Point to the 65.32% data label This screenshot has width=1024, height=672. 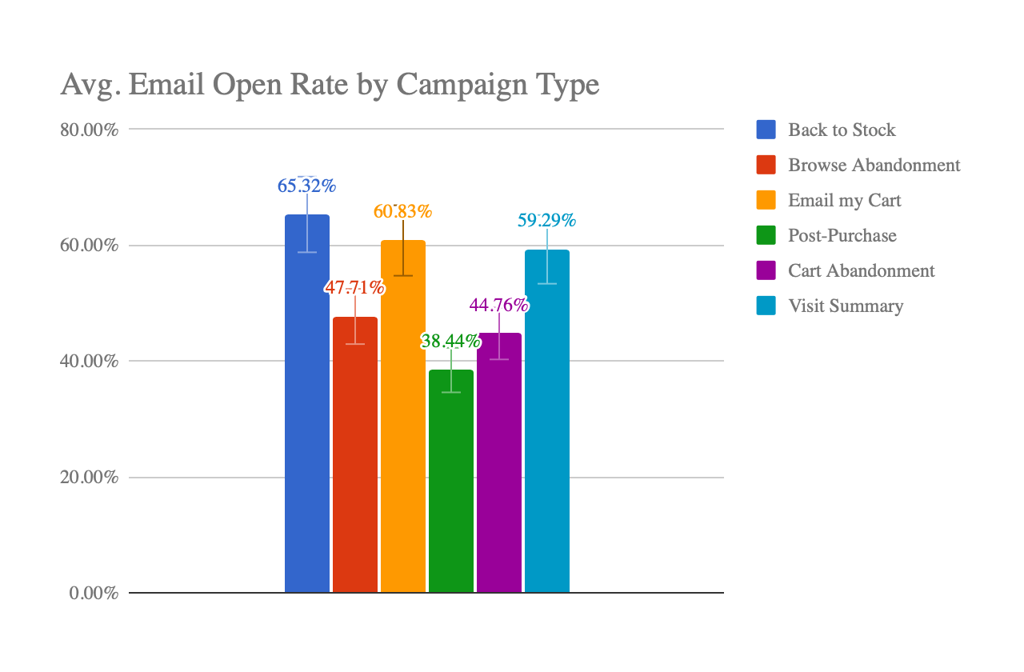pos(306,186)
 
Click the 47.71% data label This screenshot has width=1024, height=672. pos(354,288)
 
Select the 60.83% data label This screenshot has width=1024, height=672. pos(402,212)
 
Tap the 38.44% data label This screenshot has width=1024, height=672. pos(450,342)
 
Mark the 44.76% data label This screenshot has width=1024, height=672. pos(498,305)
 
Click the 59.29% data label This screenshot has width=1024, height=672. pos(546,220)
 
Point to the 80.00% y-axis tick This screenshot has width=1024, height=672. pos(90,130)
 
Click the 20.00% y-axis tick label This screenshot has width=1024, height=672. pos(90,478)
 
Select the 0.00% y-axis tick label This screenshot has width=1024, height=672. pos(94,594)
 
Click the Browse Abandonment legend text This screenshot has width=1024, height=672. pos(874,166)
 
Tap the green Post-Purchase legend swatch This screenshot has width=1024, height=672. pos(766,235)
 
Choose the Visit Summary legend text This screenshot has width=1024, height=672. pos(846,306)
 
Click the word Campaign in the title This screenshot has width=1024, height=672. pos(458,84)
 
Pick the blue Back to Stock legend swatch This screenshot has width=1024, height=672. pos(766,130)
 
